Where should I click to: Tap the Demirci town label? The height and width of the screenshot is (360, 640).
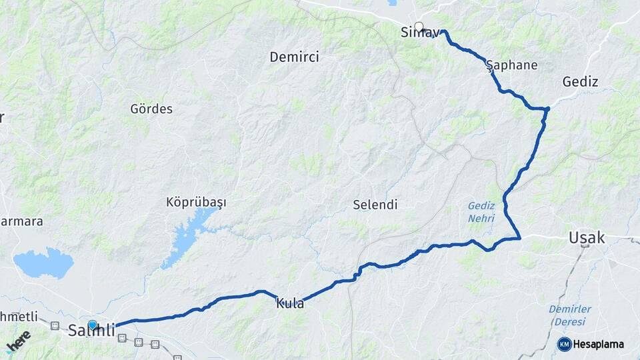point(294,57)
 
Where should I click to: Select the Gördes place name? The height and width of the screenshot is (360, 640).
point(151,109)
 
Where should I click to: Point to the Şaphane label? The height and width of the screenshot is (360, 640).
point(511,65)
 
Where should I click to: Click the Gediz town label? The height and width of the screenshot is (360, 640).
point(580,82)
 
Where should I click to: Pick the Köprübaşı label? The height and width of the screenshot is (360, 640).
point(196,202)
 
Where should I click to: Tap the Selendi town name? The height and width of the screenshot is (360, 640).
point(375,205)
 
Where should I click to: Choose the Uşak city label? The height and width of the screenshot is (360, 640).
point(587,237)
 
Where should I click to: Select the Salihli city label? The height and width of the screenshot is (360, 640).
point(92,331)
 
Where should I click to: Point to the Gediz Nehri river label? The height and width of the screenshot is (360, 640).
point(481,212)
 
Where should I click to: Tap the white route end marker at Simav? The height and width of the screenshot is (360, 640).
point(419,27)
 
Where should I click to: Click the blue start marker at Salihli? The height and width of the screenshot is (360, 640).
point(93,325)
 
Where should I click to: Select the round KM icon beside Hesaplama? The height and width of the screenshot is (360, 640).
point(564,344)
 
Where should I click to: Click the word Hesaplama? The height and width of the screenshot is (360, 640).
point(598,345)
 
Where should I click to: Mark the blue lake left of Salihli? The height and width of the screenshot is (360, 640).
point(43,263)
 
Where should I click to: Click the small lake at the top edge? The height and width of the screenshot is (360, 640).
point(391,3)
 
